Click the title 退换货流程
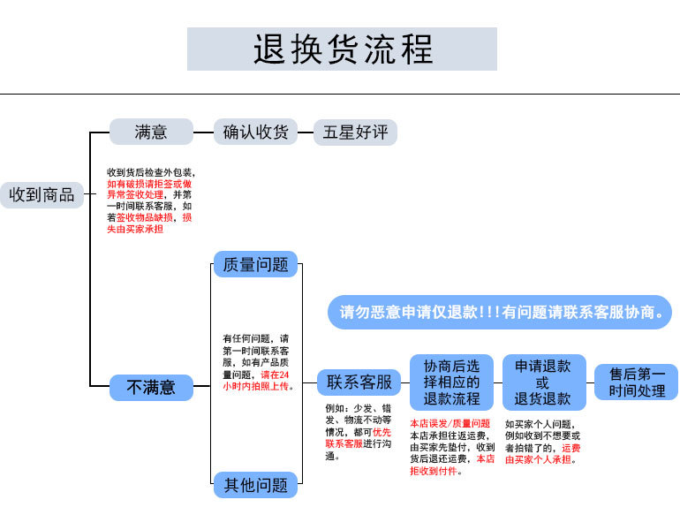click(x=342, y=49)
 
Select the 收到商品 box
click(x=42, y=194)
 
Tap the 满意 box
click(x=151, y=132)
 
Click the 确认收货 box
click(x=255, y=132)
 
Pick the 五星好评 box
click(x=355, y=132)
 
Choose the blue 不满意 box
click(x=151, y=387)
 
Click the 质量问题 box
click(x=255, y=265)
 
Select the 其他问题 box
click(x=255, y=484)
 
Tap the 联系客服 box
click(x=359, y=382)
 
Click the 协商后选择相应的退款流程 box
click(x=451, y=382)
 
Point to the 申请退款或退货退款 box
click(x=542, y=382)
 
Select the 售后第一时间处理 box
click(x=636, y=382)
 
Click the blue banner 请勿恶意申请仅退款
click(x=501, y=312)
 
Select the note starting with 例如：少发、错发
click(x=358, y=432)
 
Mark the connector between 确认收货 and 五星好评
click(x=306, y=132)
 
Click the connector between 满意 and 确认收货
click(x=203, y=132)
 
